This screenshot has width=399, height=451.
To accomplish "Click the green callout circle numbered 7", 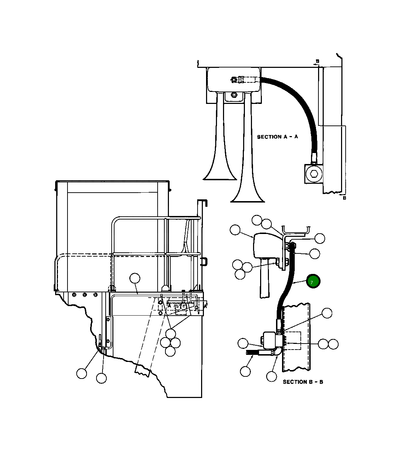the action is [x=313, y=281].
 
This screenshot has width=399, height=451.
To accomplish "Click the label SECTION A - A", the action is [x=277, y=137].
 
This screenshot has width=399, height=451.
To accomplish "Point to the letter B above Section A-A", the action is [x=318, y=61].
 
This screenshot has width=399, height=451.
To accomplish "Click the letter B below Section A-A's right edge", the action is [x=345, y=198].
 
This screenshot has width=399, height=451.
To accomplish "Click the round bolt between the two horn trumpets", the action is [x=234, y=95].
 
